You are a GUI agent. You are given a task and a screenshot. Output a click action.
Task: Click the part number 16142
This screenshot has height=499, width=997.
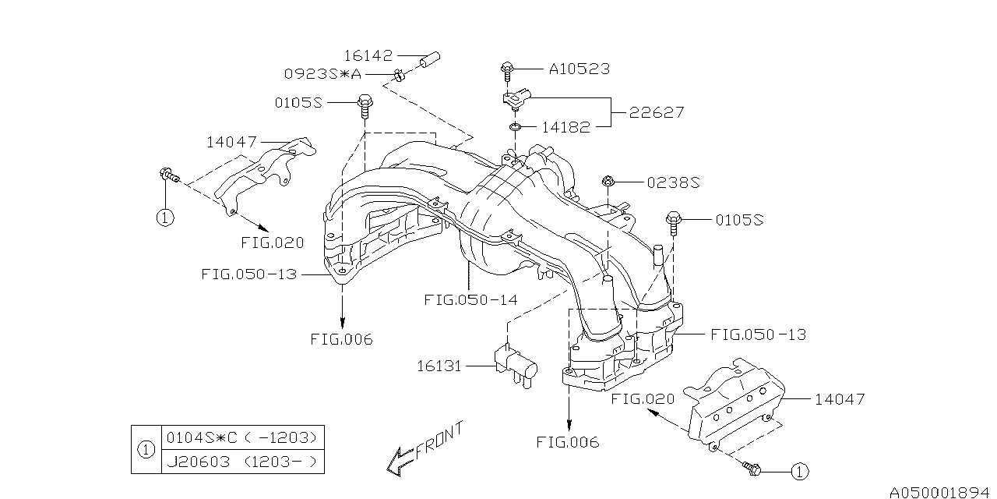(370, 55)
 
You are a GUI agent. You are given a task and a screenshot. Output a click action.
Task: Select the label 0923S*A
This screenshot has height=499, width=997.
(322, 74)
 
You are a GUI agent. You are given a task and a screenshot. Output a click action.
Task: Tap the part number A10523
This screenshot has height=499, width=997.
(579, 69)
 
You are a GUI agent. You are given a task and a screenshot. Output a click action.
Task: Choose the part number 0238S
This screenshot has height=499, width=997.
(673, 182)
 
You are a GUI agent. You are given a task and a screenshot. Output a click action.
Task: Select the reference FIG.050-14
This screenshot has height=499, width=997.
(470, 299)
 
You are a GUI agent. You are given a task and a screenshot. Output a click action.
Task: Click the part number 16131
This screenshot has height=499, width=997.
(442, 364)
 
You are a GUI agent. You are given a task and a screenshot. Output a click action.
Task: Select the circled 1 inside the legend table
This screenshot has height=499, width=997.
(145, 449)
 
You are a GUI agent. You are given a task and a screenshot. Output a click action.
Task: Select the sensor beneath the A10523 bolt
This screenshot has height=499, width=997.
(517, 99)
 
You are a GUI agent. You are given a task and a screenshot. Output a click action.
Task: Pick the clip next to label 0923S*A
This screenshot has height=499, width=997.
(399, 75)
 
